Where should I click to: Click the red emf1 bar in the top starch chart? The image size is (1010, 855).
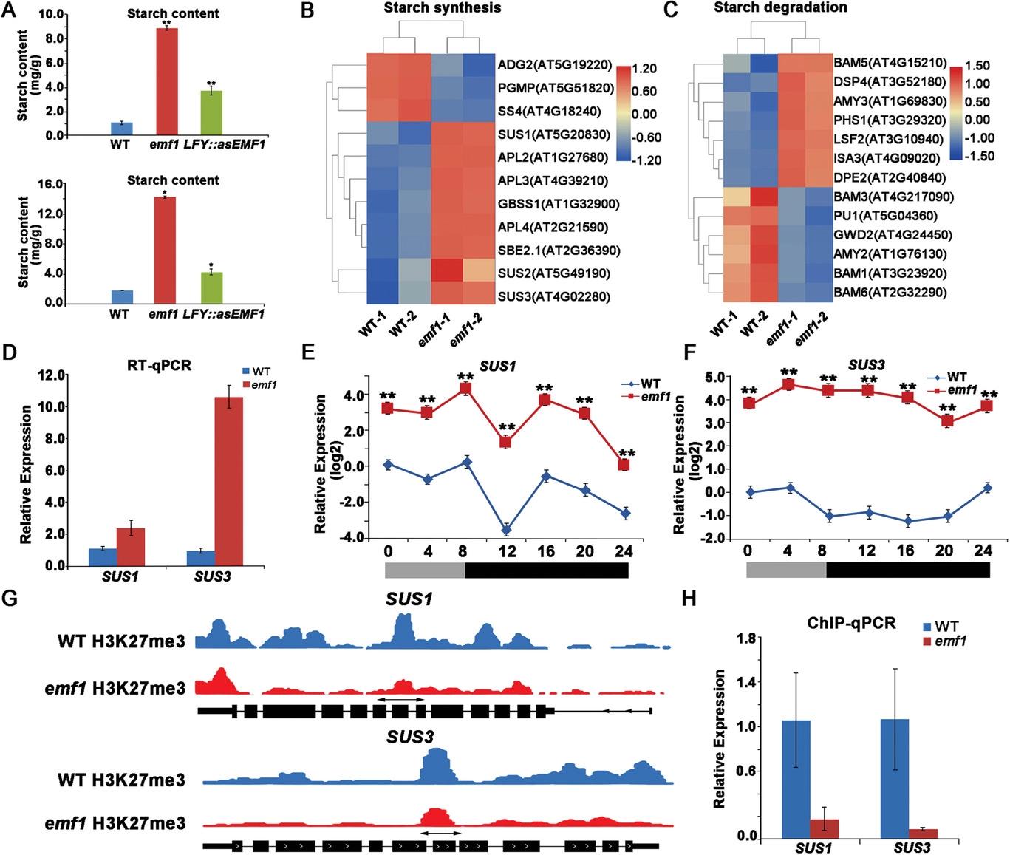coord(167,81)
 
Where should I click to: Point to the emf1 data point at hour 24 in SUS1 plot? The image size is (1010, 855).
coord(624,465)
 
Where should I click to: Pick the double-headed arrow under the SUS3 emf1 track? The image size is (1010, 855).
coord(440,832)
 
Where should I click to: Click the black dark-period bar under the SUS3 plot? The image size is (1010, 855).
coord(908,570)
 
